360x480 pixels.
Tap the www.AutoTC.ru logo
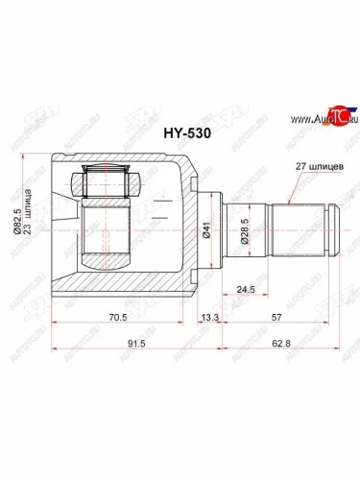pos(307,121)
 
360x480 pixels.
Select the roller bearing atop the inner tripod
pos(108,181)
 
